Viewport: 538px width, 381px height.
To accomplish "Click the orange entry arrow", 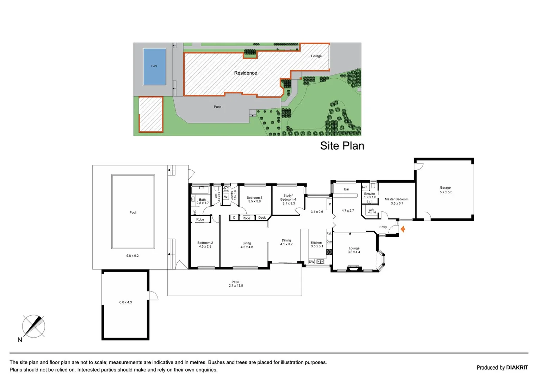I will point(403,229).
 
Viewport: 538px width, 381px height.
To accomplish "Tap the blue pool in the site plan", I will point(154,67).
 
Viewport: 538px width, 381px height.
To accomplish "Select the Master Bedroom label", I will point(396,201).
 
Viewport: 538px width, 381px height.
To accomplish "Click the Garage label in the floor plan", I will point(445,190).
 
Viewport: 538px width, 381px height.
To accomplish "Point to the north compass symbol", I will point(33,326).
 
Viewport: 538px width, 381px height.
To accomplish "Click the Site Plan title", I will point(342,146).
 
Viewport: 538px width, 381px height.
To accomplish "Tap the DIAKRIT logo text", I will point(517,368).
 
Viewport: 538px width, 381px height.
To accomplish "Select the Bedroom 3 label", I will point(254,199).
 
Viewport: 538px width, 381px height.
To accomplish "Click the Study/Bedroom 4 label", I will point(288,199).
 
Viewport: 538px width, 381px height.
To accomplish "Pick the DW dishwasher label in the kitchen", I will point(311,262).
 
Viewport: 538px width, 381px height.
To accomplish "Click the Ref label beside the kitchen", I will point(329,234).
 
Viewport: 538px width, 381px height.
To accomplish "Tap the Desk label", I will point(262,218).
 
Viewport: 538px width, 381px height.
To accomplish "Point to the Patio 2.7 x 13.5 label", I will point(235,284).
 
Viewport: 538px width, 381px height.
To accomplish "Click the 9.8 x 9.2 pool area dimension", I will point(132,256).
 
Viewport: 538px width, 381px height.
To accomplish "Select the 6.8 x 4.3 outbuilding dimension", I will point(125,302).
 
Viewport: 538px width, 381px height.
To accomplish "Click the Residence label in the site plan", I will point(246,73).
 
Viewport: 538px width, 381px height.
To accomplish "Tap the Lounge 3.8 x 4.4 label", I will point(354,250).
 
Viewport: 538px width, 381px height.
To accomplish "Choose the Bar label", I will point(346,189).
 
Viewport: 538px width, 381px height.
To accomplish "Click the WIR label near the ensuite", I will point(371,211).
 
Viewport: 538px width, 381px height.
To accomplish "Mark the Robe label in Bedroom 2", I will point(200,219).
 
